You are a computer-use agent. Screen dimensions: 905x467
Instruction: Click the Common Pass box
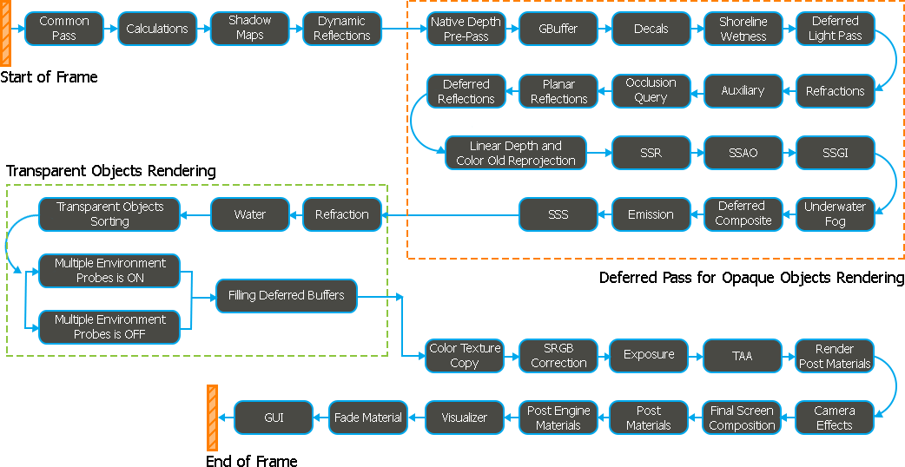(x=64, y=29)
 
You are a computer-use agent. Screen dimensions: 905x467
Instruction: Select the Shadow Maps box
(x=249, y=29)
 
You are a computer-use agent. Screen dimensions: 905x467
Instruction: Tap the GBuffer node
(x=558, y=29)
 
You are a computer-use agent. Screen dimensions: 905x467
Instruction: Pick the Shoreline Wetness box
(x=743, y=29)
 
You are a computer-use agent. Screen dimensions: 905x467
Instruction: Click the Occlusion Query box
(x=651, y=90)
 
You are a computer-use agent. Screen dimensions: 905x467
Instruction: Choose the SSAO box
(x=743, y=153)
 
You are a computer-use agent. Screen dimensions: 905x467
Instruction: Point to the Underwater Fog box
(x=836, y=214)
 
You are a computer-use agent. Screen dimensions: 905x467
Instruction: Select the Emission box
(x=651, y=214)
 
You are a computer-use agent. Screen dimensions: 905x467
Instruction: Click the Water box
(x=249, y=214)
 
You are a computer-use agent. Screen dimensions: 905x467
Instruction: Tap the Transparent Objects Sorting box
(x=109, y=214)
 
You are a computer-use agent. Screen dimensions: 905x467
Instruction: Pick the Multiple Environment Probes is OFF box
(x=109, y=327)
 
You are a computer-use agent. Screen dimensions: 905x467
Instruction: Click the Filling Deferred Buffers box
(x=287, y=296)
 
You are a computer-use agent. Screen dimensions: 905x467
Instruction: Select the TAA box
(x=743, y=356)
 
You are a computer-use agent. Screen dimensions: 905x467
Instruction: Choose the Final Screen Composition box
(x=742, y=418)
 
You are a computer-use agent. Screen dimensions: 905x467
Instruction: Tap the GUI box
(x=274, y=418)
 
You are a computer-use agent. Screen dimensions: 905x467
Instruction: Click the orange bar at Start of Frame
(x=6, y=33)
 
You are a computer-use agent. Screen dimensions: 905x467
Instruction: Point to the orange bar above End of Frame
(x=213, y=418)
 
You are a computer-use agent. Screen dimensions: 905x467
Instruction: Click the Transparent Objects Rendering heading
(x=110, y=171)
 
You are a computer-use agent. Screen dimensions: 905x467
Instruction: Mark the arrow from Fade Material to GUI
(x=320, y=418)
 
